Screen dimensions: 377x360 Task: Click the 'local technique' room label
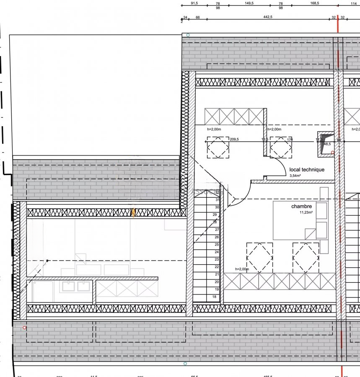[x=307, y=170]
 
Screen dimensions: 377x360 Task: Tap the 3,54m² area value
[x=296, y=176]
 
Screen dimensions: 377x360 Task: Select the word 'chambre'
[x=301, y=207]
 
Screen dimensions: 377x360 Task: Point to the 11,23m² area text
[x=306, y=213]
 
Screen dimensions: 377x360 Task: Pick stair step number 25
[x=217, y=245]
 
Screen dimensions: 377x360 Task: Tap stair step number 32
[x=217, y=192]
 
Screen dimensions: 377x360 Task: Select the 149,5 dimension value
[x=249, y=3]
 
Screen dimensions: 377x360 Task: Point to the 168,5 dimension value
[x=315, y=3]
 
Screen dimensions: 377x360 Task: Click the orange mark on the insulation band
[x=133, y=213]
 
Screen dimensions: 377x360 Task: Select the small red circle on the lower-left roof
[x=25, y=328]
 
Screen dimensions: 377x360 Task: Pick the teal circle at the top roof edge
[x=188, y=35]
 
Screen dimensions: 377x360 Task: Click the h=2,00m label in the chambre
[x=242, y=269]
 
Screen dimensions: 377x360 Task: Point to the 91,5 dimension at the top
[x=194, y=3]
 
